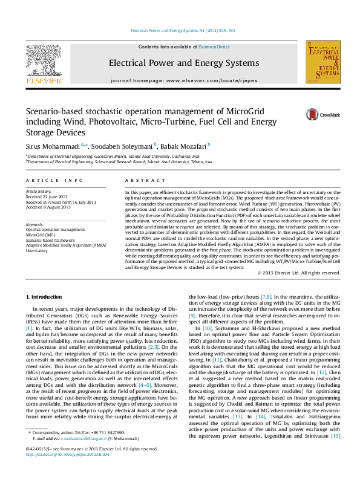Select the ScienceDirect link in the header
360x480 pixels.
tap(214, 47)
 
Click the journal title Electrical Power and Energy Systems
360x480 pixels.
tap(175, 63)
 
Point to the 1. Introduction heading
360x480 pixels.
tap(46, 297)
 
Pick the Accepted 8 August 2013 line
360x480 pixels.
tap(50, 207)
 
